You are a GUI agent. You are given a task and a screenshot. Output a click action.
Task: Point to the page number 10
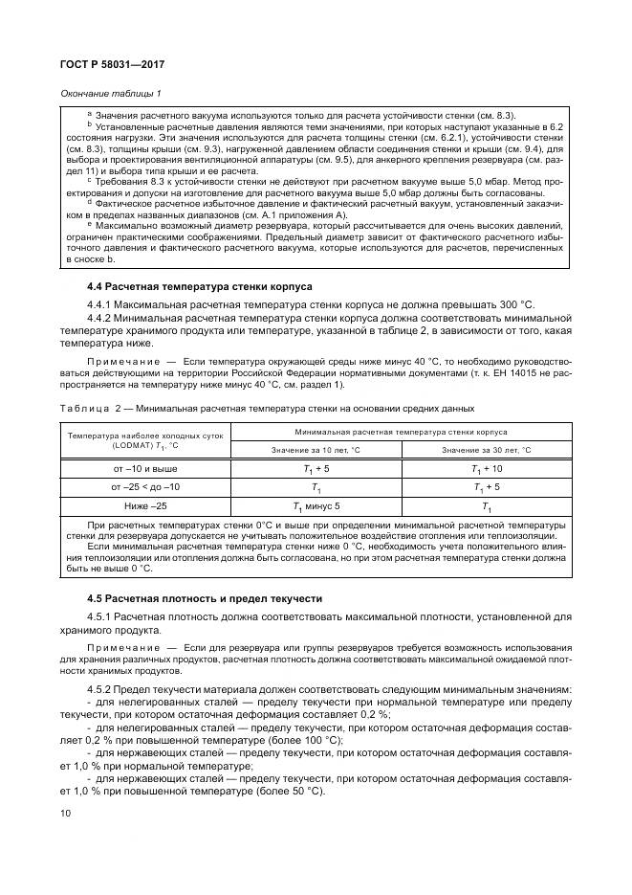pyautogui.click(x=65, y=814)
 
